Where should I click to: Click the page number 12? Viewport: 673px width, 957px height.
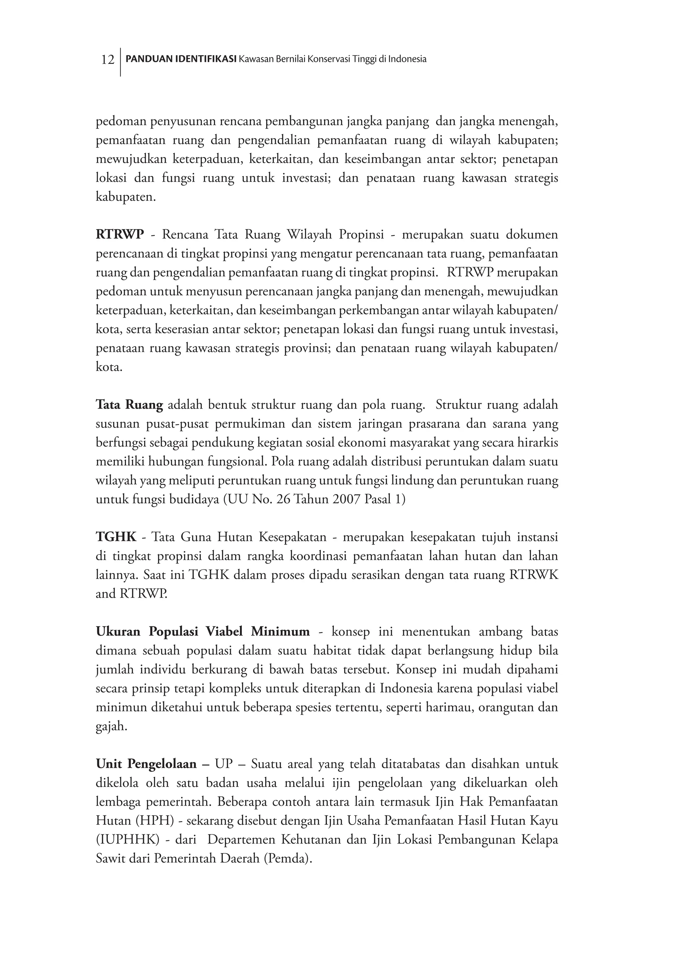click(x=107, y=60)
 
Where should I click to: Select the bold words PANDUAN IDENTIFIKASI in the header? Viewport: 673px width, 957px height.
click(x=181, y=59)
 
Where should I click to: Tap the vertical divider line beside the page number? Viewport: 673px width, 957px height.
click(x=120, y=62)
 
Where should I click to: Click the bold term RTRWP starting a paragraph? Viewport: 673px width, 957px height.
click(x=120, y=235)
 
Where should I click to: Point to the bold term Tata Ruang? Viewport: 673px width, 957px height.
click(x=129, y=405)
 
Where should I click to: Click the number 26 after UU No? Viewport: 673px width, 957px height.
click(x=283, y=499)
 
